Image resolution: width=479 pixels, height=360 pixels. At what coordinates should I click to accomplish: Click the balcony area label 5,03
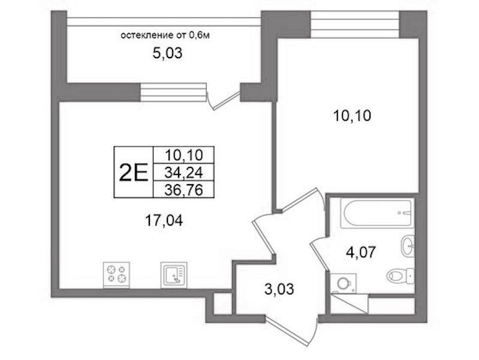point(167,53)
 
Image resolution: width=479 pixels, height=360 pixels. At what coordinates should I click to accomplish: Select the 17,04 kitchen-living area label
point(164,221)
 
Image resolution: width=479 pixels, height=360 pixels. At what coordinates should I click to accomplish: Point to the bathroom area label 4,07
point(360,253)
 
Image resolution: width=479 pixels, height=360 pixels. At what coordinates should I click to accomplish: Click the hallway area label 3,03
point(279,289)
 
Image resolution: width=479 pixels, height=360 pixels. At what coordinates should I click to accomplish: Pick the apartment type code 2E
point(134,172)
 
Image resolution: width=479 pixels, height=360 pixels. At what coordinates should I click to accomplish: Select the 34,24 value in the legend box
point(183,173)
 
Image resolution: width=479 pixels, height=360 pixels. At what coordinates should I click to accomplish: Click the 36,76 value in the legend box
point(183,190)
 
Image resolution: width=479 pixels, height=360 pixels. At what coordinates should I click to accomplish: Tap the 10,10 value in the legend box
point(183,155)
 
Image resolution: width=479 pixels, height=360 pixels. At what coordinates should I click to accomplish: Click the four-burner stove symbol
point(116,275)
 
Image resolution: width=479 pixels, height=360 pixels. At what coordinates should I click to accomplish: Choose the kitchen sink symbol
point(174,275)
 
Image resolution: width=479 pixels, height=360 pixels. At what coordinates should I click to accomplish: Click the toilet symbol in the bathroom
point(400,275)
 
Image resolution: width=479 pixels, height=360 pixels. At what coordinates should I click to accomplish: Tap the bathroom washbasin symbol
point(407,245)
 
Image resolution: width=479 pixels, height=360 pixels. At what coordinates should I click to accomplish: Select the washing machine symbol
point(344,284)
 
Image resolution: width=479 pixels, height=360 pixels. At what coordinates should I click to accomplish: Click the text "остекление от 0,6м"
point(165,35)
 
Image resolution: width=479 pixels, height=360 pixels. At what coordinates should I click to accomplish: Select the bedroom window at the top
point(354,25)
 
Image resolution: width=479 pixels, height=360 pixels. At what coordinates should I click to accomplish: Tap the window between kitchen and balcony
point(173,92)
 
